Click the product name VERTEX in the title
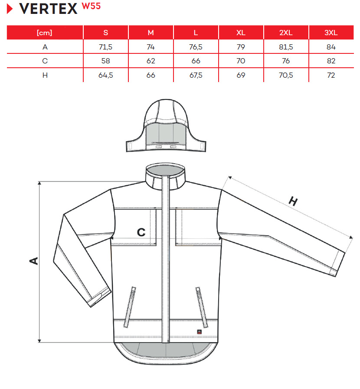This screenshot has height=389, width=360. pos(48,9)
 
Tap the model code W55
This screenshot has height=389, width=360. pos(91,6)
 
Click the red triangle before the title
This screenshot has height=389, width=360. pos(10,9)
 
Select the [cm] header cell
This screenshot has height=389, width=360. pos(45,33)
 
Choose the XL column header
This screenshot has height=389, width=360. pos(241,33)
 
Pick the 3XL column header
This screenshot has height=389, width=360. pos(331,33)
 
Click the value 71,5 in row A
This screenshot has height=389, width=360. pos(106,47)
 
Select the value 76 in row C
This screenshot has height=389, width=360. pos(286,61)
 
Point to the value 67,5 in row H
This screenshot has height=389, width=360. pos(196,75)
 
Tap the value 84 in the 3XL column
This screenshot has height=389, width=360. pos(331,47)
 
